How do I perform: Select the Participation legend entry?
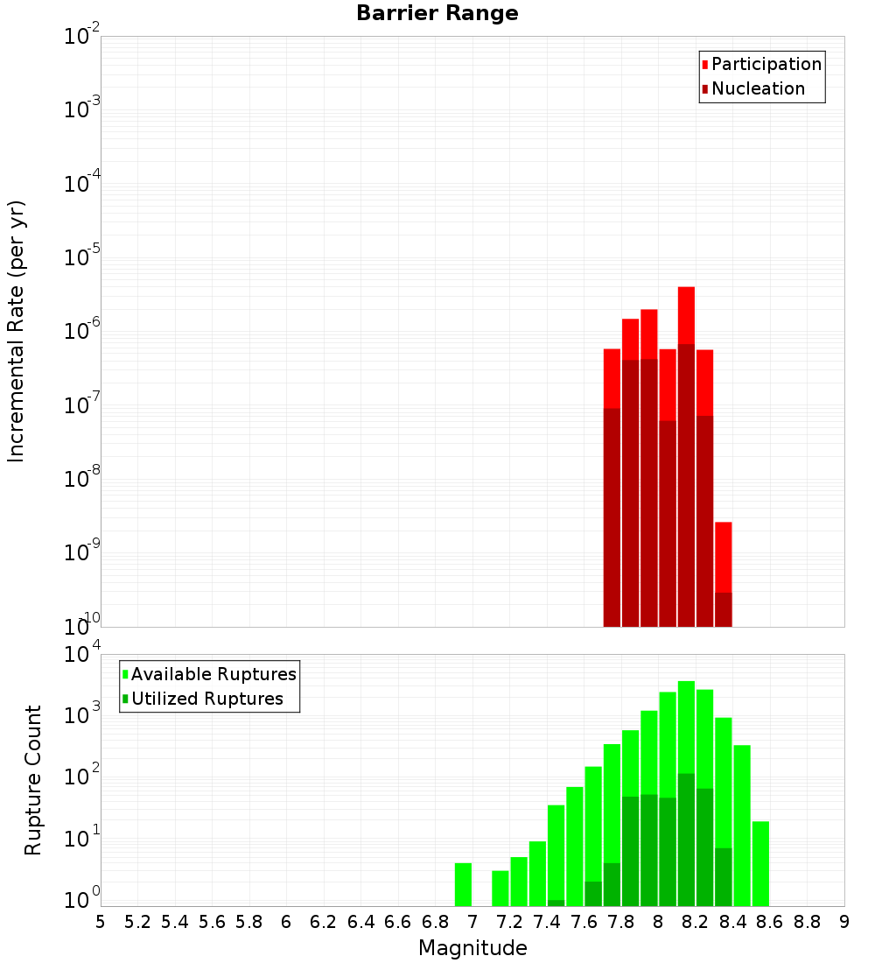click(766, 65)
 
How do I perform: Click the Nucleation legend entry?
click(758, 89)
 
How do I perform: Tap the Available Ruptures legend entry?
click(213, 675)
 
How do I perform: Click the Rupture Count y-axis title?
click(33, 780)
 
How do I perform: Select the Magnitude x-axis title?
click(472, 948)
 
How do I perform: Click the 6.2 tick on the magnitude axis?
click(324, 922)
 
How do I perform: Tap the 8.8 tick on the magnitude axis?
click(807, 922)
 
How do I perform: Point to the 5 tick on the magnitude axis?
click(101, 922)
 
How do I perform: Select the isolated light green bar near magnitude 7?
click(463, 884)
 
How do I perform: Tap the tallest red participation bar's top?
click(686, 290)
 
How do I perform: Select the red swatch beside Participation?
click(705, 65)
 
